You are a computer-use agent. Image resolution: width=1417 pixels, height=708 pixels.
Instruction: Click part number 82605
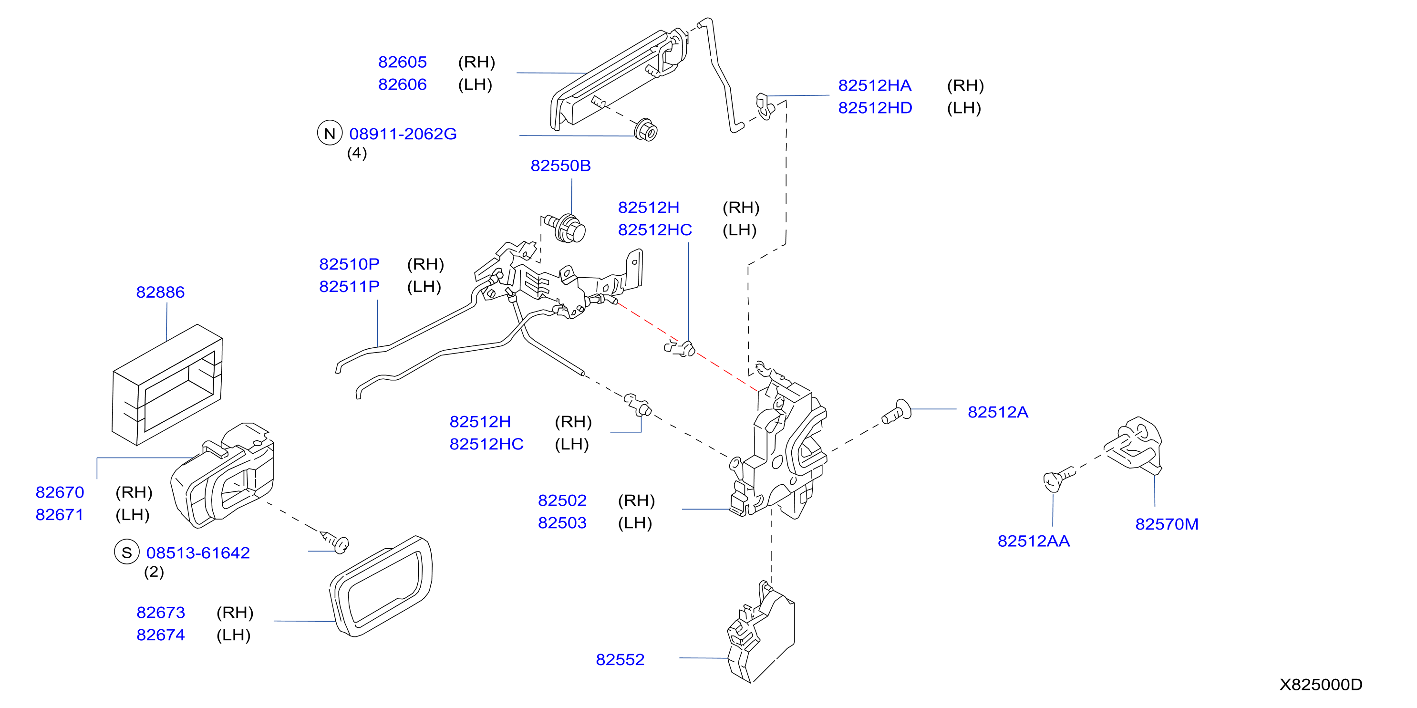(402, 62)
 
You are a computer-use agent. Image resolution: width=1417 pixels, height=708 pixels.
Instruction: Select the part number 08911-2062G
(403, 134)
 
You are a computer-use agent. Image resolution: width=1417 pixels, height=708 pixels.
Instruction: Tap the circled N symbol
(330, 133)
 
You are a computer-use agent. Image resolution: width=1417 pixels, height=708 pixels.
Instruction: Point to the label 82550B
(560, 166)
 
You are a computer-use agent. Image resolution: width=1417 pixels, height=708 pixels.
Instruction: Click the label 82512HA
(875, 85)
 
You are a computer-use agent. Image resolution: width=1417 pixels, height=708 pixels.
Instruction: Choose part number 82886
(160, 292)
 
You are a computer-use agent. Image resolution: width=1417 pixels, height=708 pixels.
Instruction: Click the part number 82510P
(349, 264)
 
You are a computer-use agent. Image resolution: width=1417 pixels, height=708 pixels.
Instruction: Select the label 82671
(60, 515)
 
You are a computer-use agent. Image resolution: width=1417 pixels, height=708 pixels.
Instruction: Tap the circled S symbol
(126, 552)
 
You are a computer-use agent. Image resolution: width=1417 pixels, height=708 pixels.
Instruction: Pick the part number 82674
(161, 635)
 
